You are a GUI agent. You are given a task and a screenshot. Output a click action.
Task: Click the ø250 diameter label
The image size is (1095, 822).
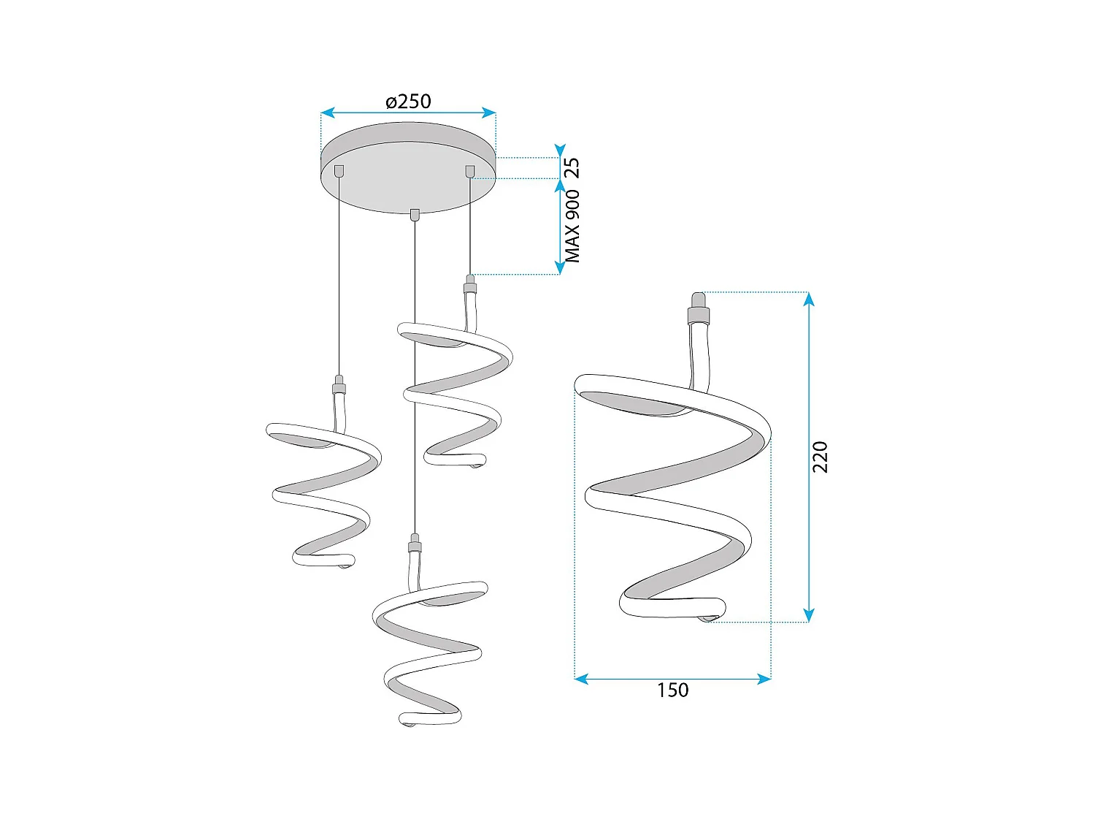point(408,101)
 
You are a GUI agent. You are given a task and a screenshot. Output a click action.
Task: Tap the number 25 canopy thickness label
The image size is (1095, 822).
point(573,167)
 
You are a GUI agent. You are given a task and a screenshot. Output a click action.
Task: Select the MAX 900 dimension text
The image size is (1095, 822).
point(573,227)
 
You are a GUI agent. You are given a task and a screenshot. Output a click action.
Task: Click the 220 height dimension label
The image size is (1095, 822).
point(821,457)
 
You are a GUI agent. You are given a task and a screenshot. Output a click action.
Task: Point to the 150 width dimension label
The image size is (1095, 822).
point(672,690)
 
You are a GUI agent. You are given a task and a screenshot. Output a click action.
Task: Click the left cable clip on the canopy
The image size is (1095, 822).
point(339,171)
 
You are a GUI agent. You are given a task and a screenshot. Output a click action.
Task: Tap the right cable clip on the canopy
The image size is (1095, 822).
point(469,171)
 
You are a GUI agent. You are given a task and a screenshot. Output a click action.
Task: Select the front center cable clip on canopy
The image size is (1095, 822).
point(415,214)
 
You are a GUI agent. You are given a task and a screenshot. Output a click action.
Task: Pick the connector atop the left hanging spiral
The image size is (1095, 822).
point(339,385)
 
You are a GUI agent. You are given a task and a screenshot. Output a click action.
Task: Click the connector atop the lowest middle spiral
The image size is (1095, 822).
point(415,544)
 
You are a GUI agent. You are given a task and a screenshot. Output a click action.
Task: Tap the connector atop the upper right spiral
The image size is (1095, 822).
point(471,284)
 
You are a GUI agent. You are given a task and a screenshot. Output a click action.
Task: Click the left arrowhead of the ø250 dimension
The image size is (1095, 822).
point(326,113)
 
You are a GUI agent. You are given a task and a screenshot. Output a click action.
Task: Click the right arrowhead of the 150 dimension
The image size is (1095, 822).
point(766,679)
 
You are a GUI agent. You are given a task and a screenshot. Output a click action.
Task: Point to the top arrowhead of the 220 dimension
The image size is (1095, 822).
point(809,297)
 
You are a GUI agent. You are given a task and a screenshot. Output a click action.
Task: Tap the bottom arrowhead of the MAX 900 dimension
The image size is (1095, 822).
point(560,269)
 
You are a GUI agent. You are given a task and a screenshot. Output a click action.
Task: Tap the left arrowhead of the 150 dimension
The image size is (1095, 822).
point(580,679)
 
